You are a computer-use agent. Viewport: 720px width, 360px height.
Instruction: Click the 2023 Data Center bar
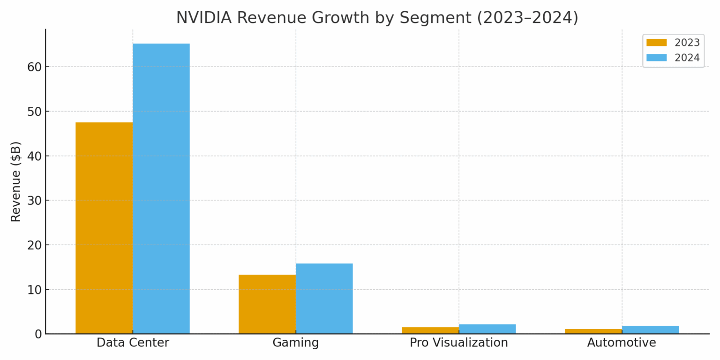pos(104,228)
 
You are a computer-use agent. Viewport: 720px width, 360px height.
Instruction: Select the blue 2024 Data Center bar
pos(161,188)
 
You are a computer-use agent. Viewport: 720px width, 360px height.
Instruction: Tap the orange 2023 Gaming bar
pos(267,304)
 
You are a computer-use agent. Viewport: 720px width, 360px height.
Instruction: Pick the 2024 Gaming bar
pos(324,299)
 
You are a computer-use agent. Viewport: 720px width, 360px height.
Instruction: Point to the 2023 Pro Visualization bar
pos(430,330)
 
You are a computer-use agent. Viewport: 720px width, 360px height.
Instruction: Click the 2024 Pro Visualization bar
pos(487,329)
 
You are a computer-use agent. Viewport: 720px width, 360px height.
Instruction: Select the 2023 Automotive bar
pos(593,331)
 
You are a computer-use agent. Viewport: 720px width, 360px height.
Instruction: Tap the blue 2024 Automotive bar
pos(651,330)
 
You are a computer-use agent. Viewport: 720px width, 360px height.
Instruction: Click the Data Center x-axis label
pos(133,343)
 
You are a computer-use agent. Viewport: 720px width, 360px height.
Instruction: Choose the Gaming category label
pos(296,343)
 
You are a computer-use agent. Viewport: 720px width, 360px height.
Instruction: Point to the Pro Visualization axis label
pos(459,343)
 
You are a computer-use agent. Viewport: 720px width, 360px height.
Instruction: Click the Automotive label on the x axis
pos(622,343)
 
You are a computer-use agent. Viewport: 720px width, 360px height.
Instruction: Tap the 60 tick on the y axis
pos(34,67)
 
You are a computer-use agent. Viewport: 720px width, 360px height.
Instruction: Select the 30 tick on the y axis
pos(34,201)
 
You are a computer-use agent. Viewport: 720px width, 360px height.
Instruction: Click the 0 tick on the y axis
pos(37,334)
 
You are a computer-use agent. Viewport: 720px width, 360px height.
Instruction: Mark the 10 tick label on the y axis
pos(34,290)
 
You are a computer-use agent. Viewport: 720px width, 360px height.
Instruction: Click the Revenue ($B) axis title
pos(16,181)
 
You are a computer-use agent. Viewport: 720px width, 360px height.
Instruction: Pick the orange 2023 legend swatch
pos(656,43)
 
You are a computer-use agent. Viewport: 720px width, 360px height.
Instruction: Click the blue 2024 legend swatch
pos(656,58)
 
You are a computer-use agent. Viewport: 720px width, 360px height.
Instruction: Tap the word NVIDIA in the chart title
pos(204,18)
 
